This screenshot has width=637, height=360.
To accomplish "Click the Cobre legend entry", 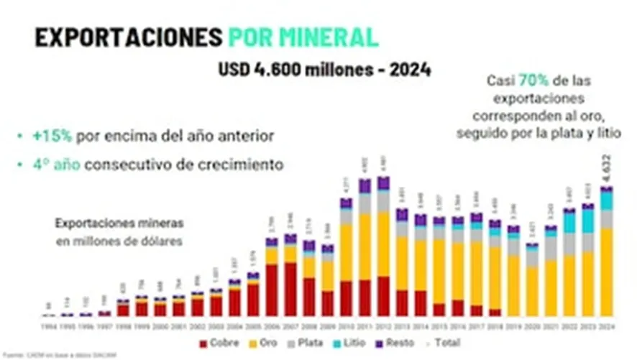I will pyautogui.click(x=220, y=343).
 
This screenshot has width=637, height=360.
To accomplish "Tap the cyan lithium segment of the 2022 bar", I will pyautogui.click(x=569, y=223).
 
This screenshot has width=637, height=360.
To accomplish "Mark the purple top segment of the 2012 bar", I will pyautogui.click(x=383, y=183).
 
